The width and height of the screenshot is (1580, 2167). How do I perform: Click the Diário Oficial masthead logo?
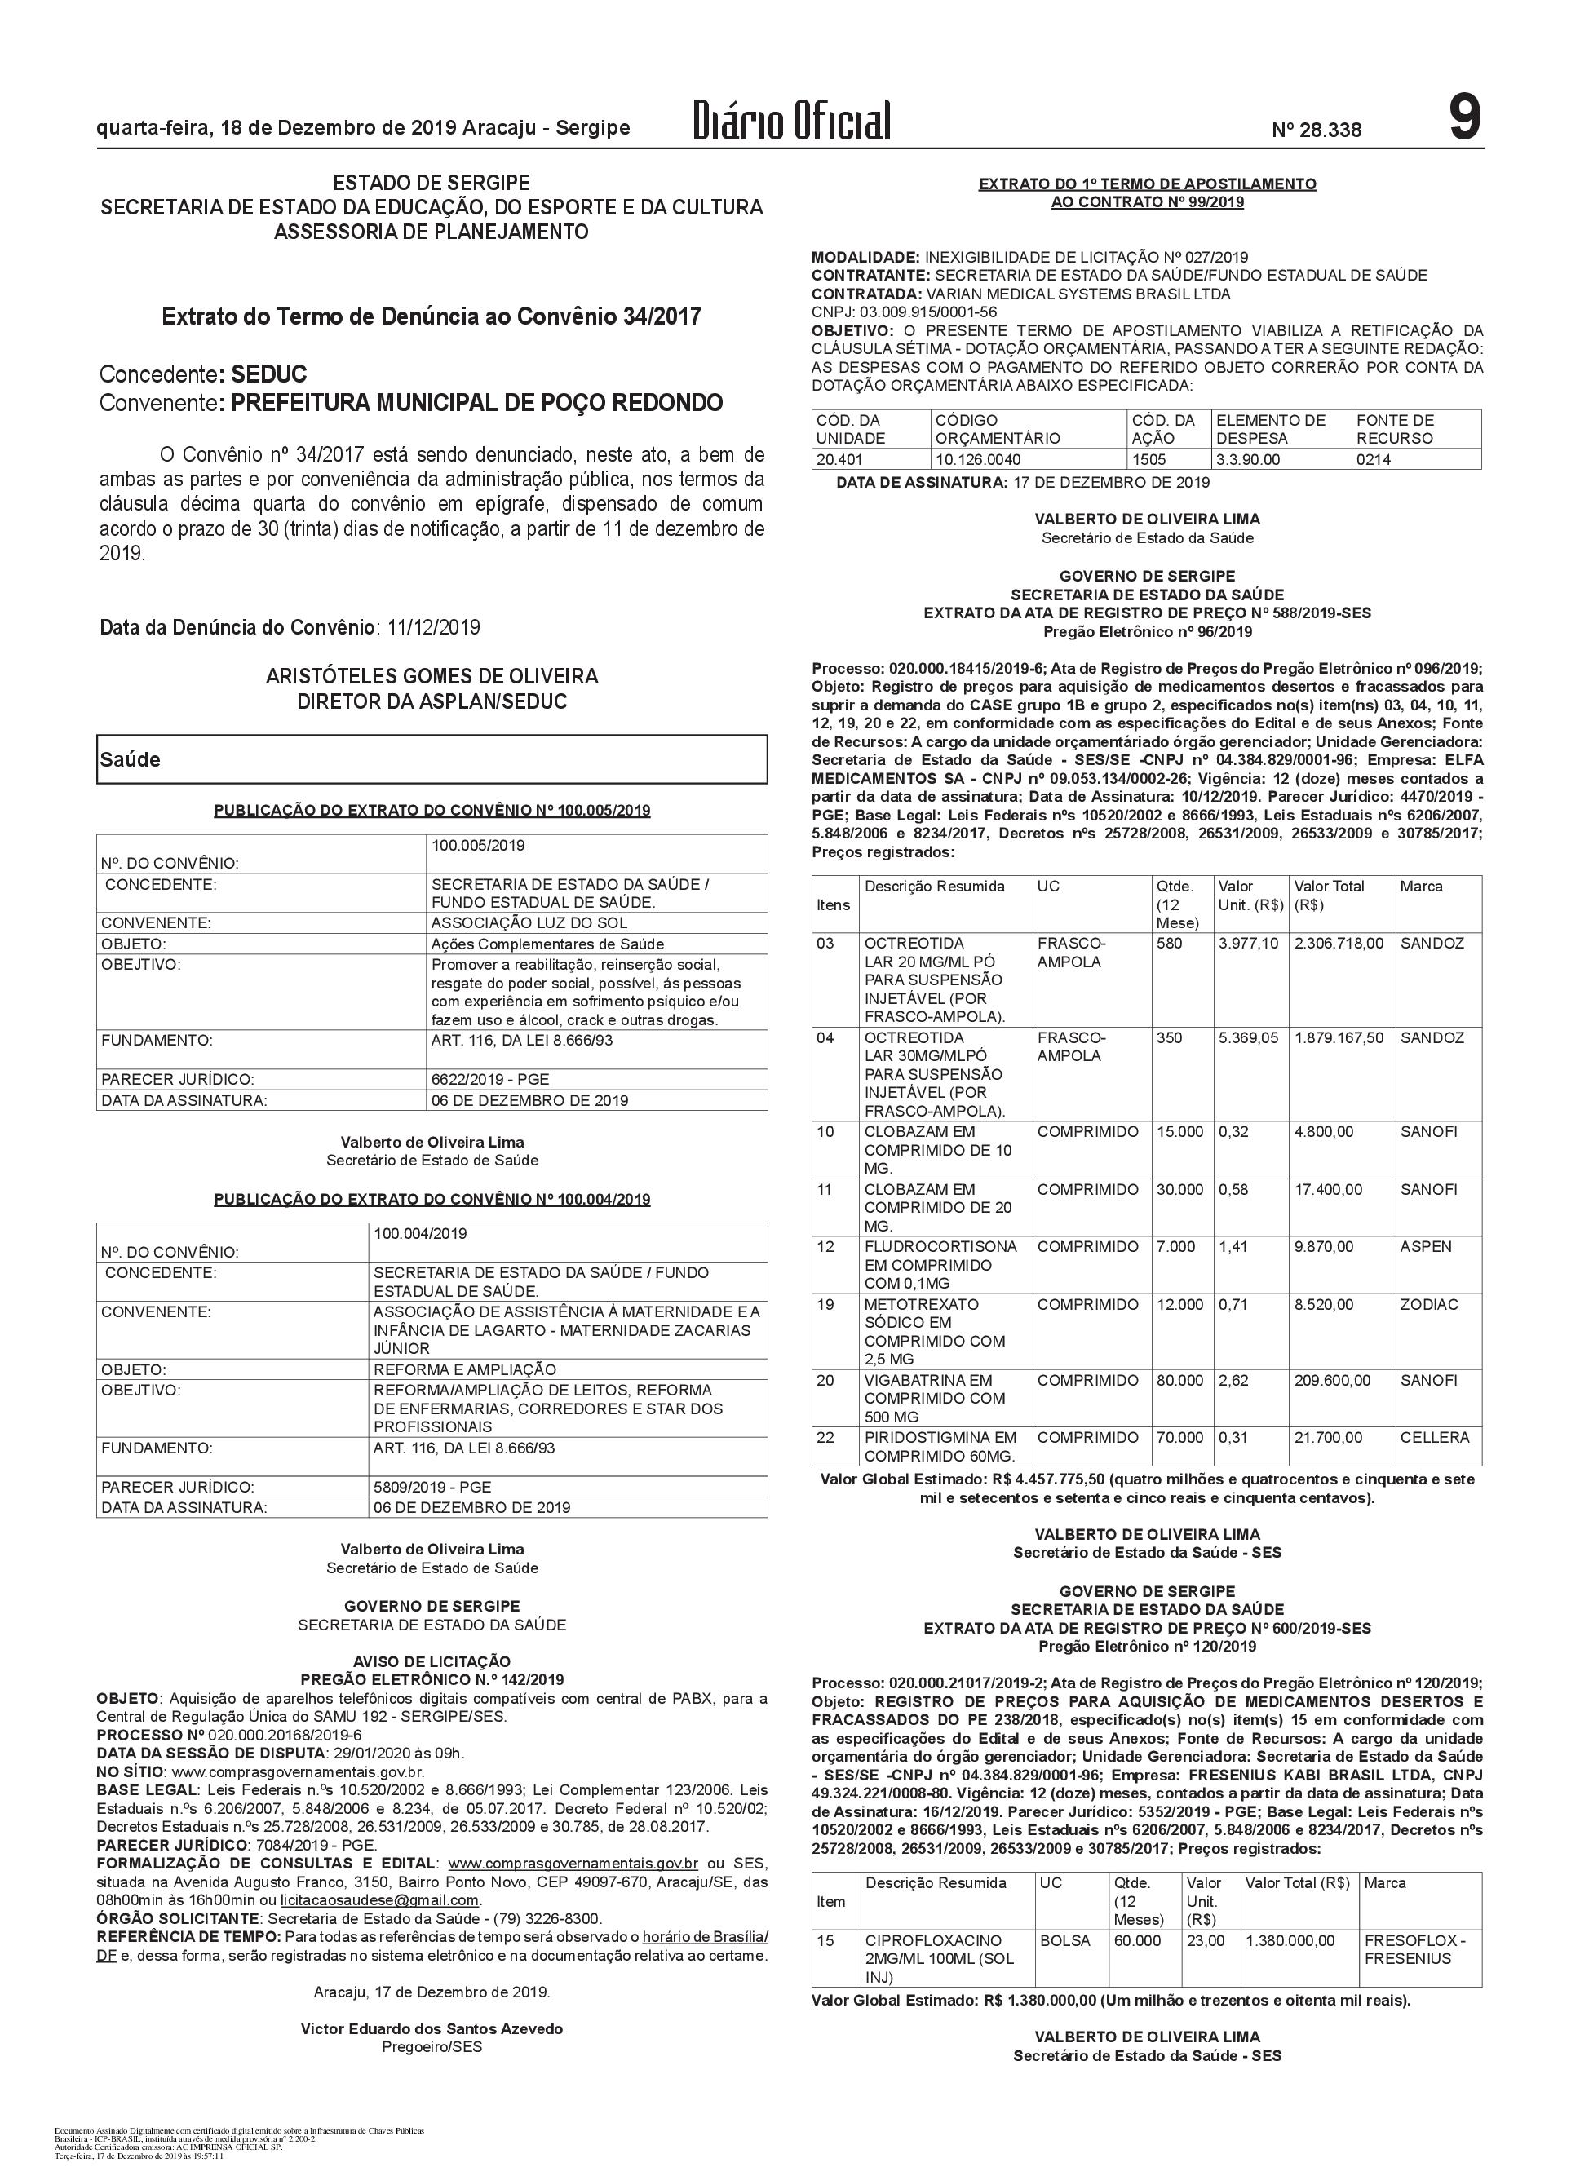pyautogui.click(x=792, y=122)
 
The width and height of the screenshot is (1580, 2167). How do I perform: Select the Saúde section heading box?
pyautogui.click(x=432, y=759)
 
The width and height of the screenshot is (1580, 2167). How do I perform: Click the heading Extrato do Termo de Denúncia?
pyautogui.click(x=432, y=316)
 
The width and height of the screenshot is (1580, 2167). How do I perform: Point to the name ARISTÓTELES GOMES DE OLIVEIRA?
pyautogui.click(x=432, y=677)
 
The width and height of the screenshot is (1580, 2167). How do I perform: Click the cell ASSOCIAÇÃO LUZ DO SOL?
pyautogui.click(x=529, y=923)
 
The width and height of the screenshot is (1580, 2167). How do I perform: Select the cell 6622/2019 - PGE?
pyautogui.click(x=489, y=1080)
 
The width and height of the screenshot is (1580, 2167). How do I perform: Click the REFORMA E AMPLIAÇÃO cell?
pyautogui.click(x=465, y=1369)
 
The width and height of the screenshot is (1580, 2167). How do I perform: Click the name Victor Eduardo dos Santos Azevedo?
pyautogui.click(x=432, y=2028)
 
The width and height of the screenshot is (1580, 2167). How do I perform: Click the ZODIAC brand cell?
pyautogui.click(x=1429, y=1304)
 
